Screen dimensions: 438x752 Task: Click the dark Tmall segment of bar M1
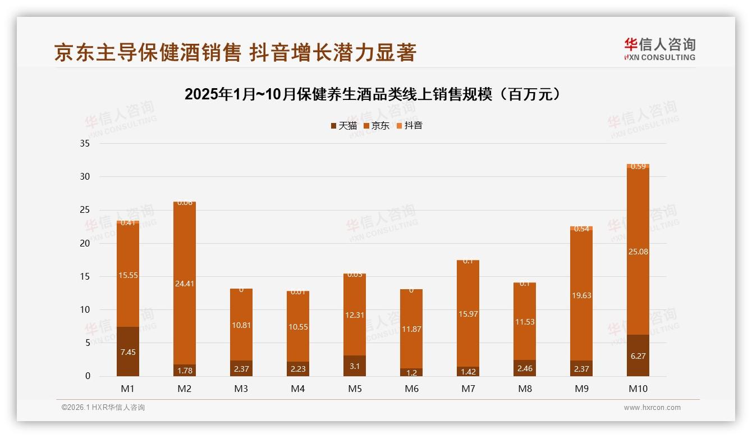coord(128,352)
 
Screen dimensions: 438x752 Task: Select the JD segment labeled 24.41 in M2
coord(185,284)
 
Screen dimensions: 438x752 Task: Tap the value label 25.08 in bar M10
coord(638,252)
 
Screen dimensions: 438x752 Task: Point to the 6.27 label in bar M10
coord(638,356)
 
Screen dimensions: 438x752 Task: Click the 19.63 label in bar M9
coord(581,295)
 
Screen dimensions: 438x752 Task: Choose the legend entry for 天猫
coord(343,126)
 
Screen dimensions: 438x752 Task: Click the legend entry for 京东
coord(377,126)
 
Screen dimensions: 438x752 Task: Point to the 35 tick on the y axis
coord(85,144)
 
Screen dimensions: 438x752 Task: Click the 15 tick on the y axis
coord(85,276)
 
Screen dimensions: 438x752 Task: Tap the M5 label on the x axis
coord(355,389)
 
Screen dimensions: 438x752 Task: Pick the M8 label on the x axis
coord(525,389)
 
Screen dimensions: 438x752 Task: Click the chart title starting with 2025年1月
coord(373,94)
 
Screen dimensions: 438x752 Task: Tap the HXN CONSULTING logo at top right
coord(659,49)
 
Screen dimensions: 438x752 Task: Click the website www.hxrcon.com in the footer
coord(652,408)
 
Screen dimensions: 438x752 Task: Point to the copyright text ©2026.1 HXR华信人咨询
coord(103,408)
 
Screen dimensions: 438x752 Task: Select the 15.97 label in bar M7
coord(468,314)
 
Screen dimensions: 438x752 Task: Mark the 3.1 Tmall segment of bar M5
coord(355,366)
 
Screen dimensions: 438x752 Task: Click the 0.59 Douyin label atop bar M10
coord(638,166)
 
